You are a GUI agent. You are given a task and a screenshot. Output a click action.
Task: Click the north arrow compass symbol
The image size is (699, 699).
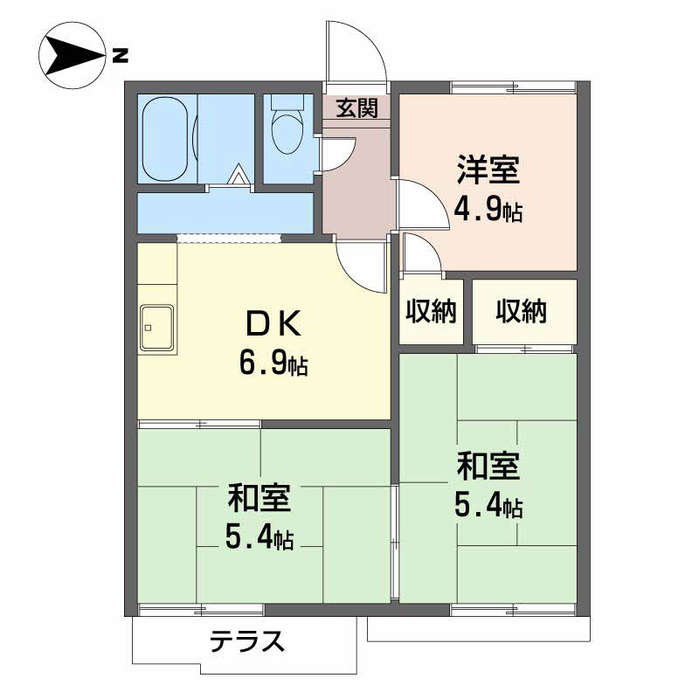click(x=71, y=58)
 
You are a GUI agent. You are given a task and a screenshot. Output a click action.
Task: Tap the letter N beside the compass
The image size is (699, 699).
click(x=120, y=58)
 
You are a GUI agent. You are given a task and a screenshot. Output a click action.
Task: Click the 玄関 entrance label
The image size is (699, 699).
click(x=356, y=108)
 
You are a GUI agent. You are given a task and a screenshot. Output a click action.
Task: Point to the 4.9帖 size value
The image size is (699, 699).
click(x=488, y=211)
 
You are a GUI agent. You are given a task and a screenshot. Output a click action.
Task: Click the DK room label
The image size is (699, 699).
click(x=273, y=325)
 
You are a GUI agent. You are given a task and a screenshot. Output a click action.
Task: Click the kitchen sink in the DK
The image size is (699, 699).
click(x=156, y=329)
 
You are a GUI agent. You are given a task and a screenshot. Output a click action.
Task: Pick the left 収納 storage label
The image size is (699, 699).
click(x=432, y=312)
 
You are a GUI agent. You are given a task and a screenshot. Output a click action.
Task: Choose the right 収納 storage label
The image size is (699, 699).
click(x=522, y=312)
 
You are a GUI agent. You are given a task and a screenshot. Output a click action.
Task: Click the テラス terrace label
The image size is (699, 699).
click(x=247, y=642)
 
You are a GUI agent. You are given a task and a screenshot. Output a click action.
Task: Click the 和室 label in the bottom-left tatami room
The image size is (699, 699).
click(x=260, y=499)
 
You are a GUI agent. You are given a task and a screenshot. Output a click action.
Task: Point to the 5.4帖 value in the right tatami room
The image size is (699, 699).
click(x=488, y=507)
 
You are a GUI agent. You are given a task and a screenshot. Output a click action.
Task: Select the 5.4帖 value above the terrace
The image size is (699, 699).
click(x=260, y=537)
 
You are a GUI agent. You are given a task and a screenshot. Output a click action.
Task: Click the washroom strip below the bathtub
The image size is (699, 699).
click(x=225, y=212)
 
